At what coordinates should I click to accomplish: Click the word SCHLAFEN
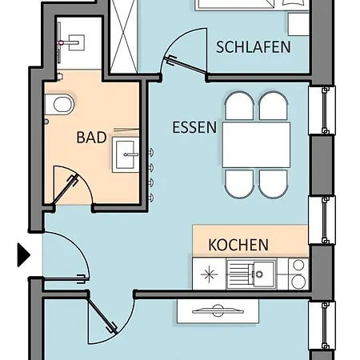253,47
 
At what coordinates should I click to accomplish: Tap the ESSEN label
194,127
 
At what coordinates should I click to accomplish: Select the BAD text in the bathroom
91,138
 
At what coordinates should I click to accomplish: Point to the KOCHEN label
238,245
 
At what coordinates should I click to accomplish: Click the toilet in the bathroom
60,105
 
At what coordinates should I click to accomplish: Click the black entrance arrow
23,255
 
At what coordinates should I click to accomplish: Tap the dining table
256,145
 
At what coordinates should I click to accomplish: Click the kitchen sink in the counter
261,274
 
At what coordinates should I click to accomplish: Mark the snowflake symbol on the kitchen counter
210,274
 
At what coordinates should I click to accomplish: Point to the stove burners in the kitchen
298,274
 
